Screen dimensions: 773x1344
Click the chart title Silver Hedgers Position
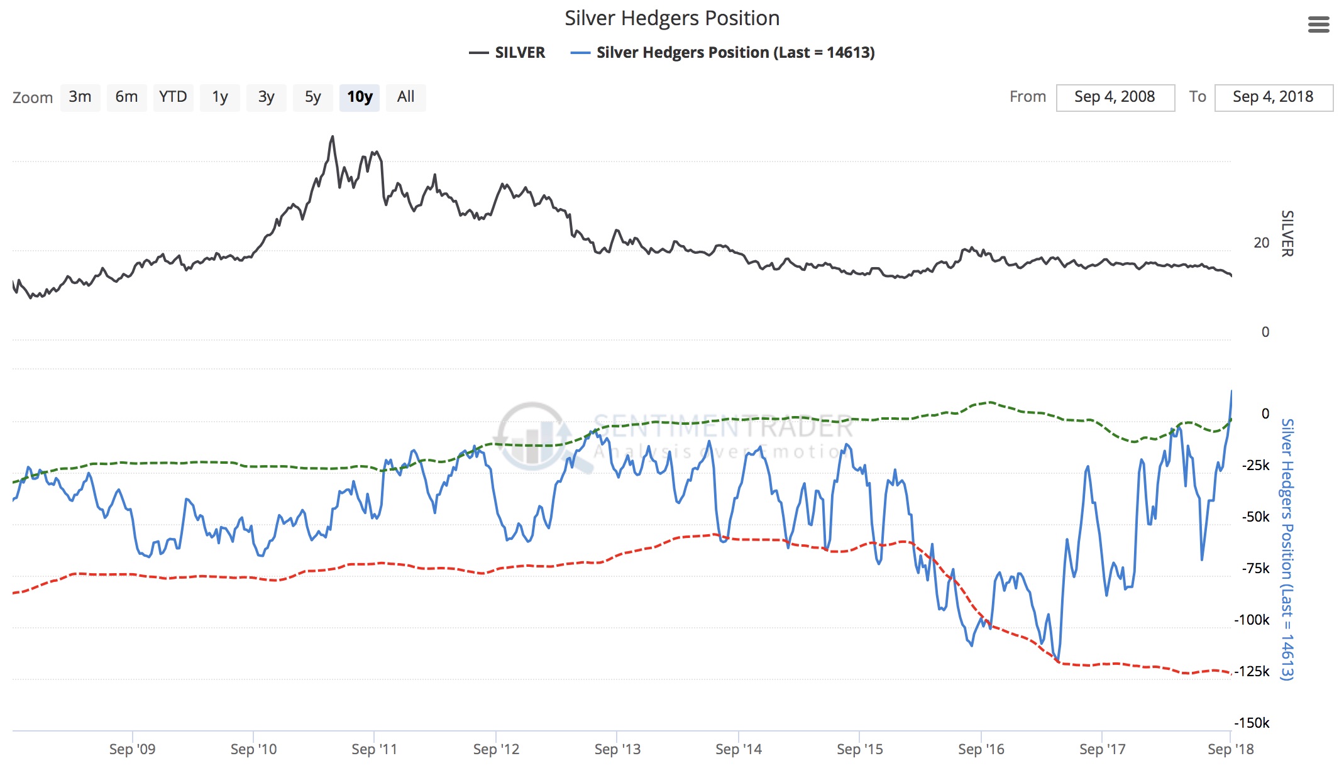[672, 18]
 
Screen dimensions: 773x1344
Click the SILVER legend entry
[507, 53]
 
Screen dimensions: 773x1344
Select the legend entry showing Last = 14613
[723, 53]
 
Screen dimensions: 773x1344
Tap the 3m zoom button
[80, 97]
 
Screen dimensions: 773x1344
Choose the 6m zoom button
[126, 97]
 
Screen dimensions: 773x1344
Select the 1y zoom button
[219, 97]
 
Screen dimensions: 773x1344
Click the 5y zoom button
[312, 97]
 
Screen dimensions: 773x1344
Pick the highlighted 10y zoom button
[360, 97]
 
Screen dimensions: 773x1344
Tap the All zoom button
[405, 97]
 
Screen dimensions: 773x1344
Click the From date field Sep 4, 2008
[1115, 97]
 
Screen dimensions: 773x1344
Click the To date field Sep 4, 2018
[1273, 97]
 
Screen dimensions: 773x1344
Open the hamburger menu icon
[1318, 25]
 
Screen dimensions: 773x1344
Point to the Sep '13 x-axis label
[617, 749]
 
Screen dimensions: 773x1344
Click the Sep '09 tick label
[132, 749]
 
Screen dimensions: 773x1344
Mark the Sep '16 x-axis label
[981, 749]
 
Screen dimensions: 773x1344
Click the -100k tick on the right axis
[1252, 620]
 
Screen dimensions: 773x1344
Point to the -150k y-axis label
[1252, 723]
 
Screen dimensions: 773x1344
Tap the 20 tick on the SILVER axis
[1261, 243]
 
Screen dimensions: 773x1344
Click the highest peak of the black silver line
[333, 136]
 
